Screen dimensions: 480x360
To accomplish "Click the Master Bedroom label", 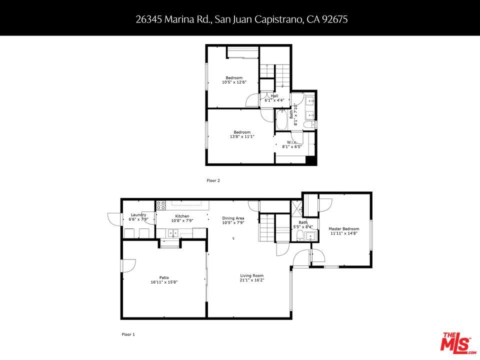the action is tap(344, 228).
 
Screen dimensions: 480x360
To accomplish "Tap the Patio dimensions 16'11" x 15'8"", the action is tap(164, 282).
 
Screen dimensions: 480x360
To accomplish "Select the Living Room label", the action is tap(251, 275).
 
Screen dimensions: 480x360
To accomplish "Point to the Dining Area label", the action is tap(233, 218).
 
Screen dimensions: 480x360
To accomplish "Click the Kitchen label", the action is tap(182, 216).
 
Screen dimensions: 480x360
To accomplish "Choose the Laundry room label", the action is tap(138, 215).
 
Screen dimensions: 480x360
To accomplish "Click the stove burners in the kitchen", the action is tap(161, 205).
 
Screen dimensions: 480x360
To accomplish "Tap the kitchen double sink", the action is tap(172, 233).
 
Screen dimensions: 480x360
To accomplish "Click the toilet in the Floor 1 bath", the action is tap(300, 235).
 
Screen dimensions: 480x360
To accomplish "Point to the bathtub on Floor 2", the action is tap(281, 120).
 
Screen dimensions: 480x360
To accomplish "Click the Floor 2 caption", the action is tap(213, 180).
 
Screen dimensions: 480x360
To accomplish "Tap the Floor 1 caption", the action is tap(128, 334).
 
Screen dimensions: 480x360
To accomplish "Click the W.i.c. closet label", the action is tap(291, 142).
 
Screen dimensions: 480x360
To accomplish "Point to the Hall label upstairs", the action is tap(274, 96).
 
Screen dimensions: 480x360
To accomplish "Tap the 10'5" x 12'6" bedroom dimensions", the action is tap(234, 82).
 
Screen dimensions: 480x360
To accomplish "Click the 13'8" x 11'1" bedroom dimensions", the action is tap(242, 136).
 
